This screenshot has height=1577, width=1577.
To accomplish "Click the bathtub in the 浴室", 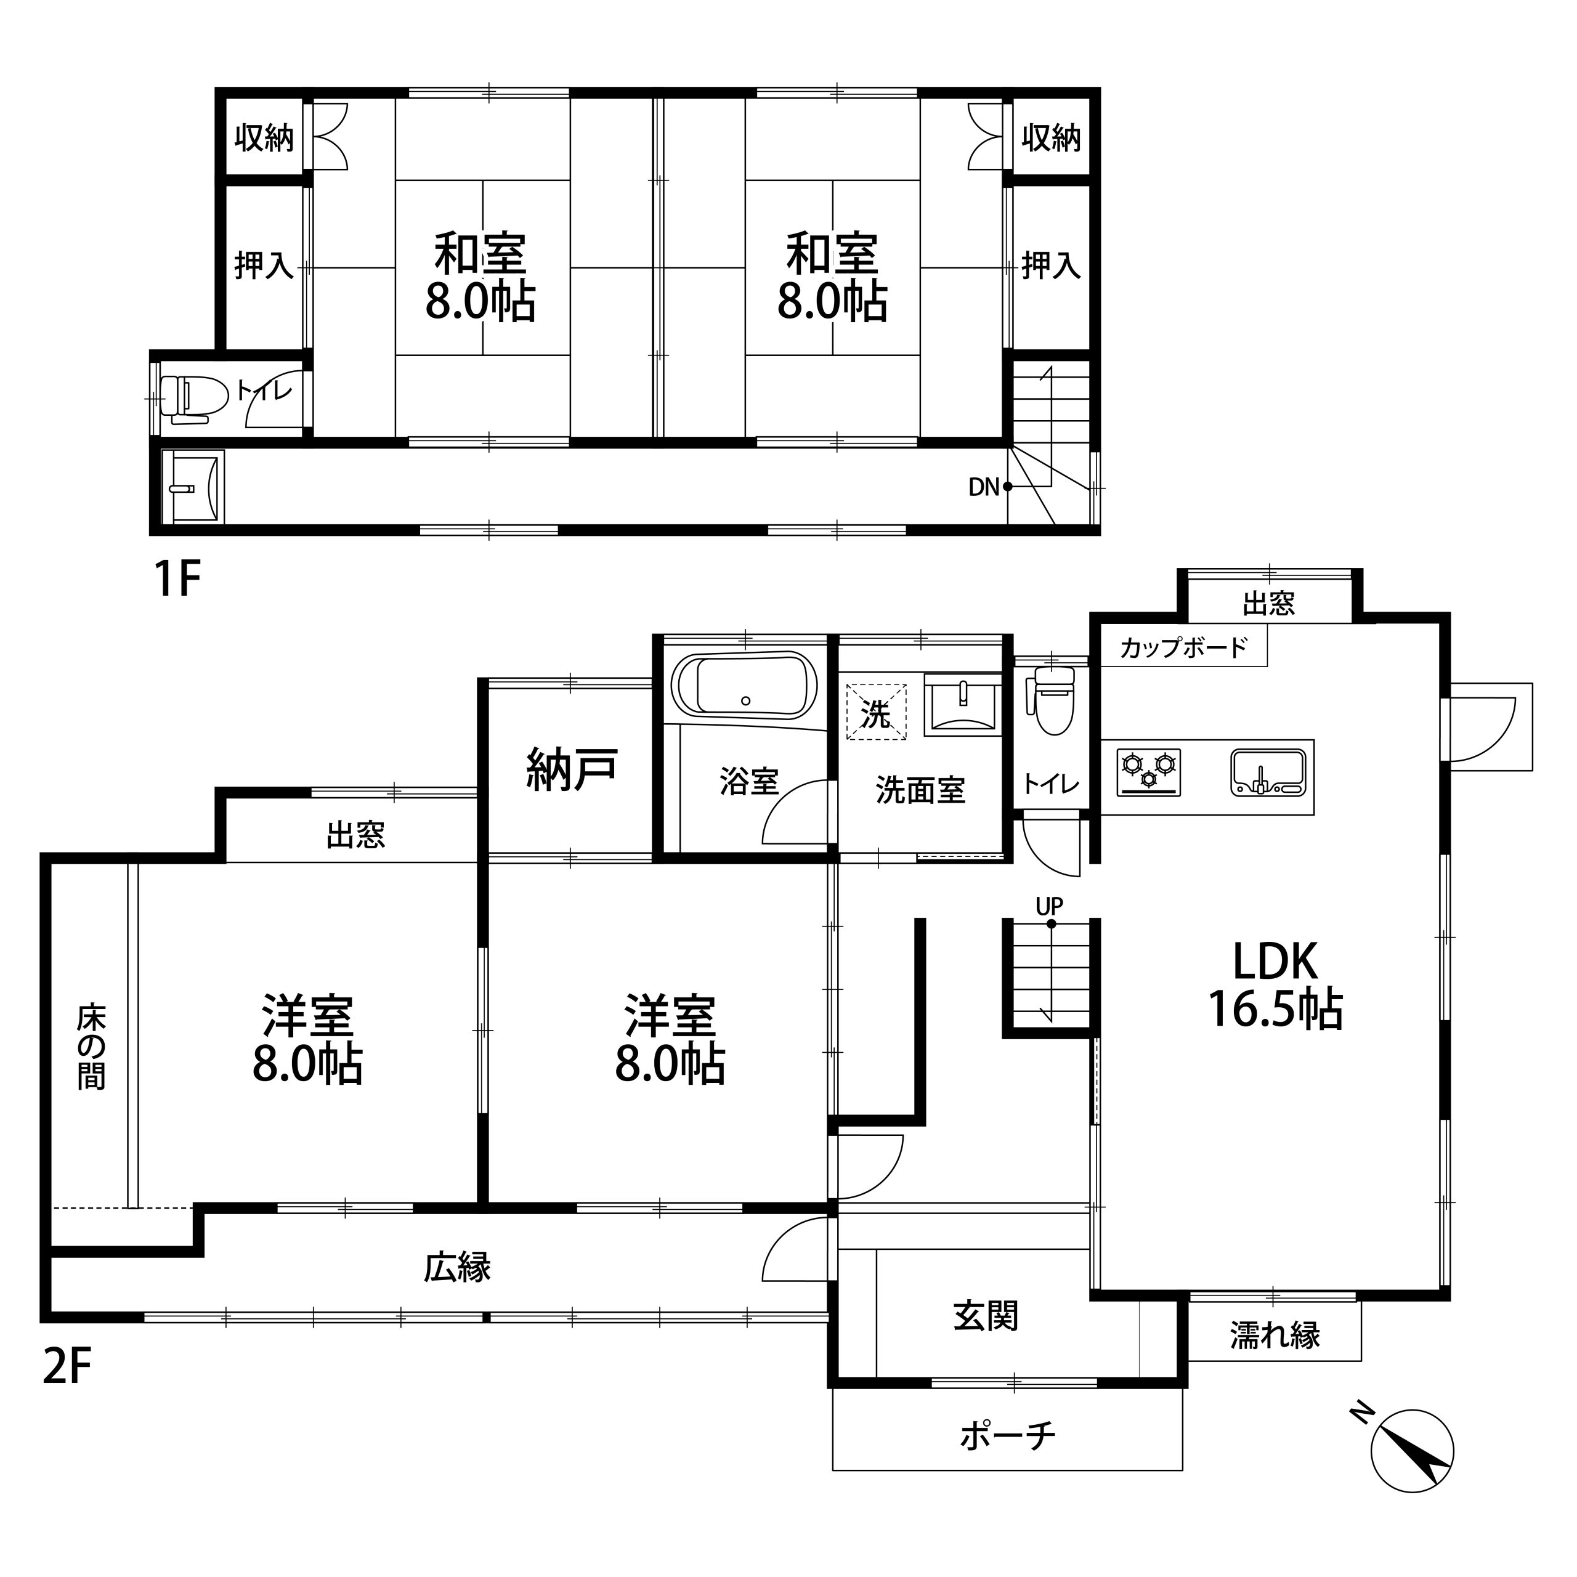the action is [744, 686].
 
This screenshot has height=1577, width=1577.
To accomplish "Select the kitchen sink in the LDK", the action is [1268, 771].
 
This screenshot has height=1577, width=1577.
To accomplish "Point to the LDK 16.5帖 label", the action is [1275, 985].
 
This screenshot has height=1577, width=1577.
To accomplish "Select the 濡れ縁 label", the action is [1275, 1336].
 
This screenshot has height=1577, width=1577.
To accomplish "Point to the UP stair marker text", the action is [1050, 906].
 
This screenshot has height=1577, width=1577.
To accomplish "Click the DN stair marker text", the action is [984, 487].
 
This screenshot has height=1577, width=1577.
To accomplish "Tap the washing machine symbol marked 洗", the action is [876, 711].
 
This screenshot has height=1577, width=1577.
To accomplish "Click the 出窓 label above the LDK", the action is [1269, 604].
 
